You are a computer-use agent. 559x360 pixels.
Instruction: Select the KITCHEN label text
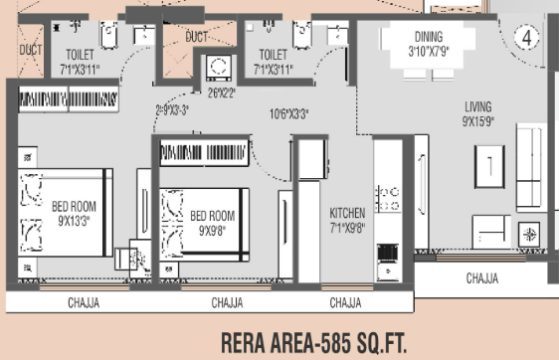pos(347,213)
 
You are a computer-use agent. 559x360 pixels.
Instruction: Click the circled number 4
pos(526,36)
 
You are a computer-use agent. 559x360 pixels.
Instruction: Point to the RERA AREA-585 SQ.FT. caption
pos(313,341)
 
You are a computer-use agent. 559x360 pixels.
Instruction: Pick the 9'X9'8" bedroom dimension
pos(213,230)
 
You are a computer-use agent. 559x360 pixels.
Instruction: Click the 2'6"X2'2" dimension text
pos(222,95)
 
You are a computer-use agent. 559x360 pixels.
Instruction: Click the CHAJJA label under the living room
pos(482,279)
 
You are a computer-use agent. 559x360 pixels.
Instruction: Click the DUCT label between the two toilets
pos(197,37)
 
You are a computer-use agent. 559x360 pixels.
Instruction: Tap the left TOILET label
pos(81,55)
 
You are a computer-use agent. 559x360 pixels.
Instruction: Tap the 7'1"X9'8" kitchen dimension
pos(347,228)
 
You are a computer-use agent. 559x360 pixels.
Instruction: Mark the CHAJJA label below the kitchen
pos(345,302)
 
